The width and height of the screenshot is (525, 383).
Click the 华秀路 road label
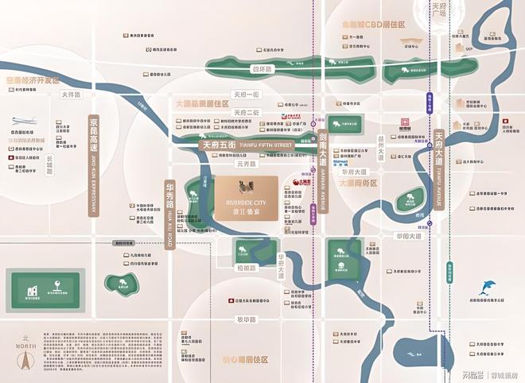[169, 206]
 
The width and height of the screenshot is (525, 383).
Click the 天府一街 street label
[247, 95]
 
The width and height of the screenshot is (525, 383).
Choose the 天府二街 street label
[247, 112]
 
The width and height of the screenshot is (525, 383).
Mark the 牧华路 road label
[247, 320]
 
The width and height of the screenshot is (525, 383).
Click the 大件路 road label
[70, 95]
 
